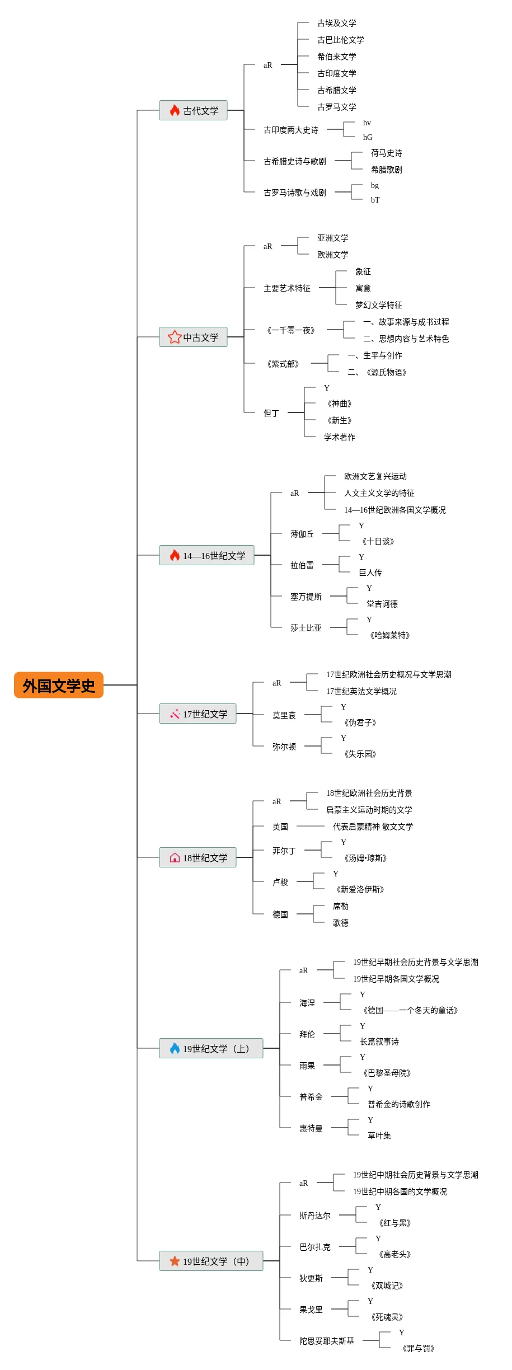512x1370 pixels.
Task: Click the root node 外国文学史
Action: (x=59, y=685)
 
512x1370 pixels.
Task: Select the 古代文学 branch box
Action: (x=193, y=110)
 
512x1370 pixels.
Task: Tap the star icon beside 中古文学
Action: (x=175, y=337)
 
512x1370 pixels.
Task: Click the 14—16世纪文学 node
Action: (x=206, y=555)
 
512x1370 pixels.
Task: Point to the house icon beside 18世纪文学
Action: (x=175, y=857)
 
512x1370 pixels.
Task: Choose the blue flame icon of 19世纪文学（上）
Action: (x=175, y=1048)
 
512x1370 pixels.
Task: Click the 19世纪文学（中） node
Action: (x=211, y=1261)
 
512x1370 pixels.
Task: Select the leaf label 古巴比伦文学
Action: (x=341, y=40)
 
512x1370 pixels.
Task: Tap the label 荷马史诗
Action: (x=387, y=153)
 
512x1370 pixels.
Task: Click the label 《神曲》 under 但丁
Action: (x=340, y=404)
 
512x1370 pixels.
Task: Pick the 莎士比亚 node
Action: (x=306, y=628)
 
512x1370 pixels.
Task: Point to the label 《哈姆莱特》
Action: (x=390, y=635)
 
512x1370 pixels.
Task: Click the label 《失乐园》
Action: (x=360, y=754)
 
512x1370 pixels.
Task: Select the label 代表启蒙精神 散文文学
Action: (x=373, y=827)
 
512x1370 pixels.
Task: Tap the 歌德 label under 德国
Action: (x=341, y=923)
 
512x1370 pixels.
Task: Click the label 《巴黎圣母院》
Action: (x=387, y=1073)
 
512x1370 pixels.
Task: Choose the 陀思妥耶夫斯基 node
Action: (x=327, y=1341)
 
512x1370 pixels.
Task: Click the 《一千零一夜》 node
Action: (x=291, y=330)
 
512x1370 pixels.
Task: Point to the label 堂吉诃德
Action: (x=382, y=604)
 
